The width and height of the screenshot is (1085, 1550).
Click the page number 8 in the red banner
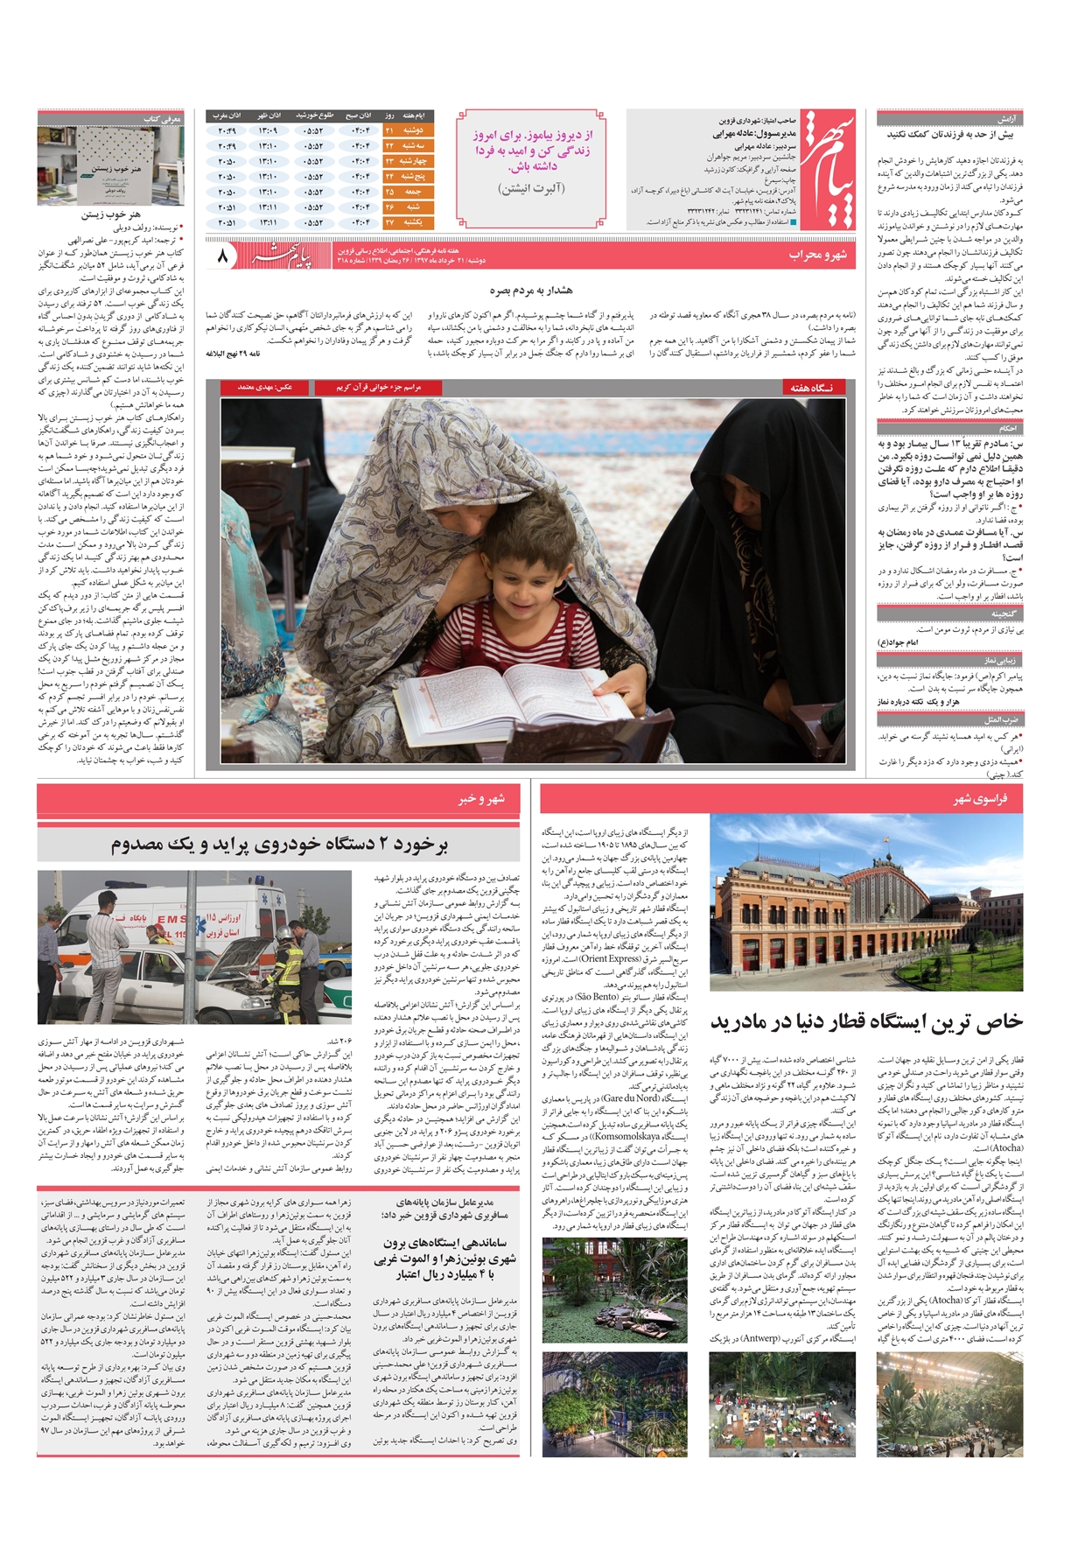click(222, 257)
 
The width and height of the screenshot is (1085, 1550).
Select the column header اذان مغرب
click(227, 116)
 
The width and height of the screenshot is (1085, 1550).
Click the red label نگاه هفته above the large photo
click(811, 387)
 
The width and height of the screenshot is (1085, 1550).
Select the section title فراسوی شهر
click(980, 799)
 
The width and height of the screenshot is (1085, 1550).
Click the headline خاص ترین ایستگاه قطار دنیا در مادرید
click(866, 1021)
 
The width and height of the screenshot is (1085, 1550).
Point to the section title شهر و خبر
click(481, 799)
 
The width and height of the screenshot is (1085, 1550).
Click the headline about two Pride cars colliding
click(279, 845)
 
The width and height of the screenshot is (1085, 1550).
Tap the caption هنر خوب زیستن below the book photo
click(111, 214)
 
